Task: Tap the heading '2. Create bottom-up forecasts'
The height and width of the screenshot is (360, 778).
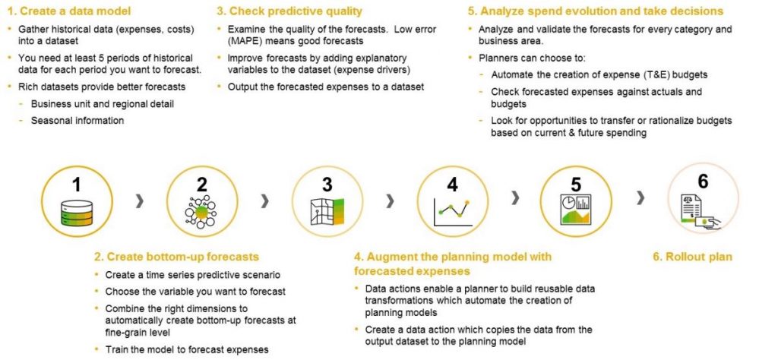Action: [x=177, y=257]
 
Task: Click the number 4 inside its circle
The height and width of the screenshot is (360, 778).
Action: [x=453, y=185]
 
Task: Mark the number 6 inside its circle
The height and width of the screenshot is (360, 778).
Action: [x=703, y=181]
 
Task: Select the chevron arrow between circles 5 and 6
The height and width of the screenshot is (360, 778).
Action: [x=640, y=198]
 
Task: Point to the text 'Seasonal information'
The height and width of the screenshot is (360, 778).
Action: [x=77, y=120]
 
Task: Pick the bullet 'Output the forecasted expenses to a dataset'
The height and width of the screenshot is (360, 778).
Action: [x=326, y=87]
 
